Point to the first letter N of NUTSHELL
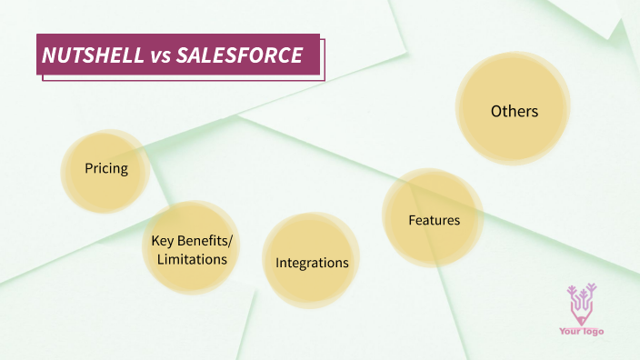coord(49,55)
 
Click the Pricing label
coord(105,168)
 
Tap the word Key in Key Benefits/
coord(163,241)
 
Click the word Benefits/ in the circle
coord(205,241)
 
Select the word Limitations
coord(192,259)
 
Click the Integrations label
coord(312,263)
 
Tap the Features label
coord(434,220)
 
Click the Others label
coord(515,111)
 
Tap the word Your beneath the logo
coord(570,332)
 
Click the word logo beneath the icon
coord(593,332)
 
